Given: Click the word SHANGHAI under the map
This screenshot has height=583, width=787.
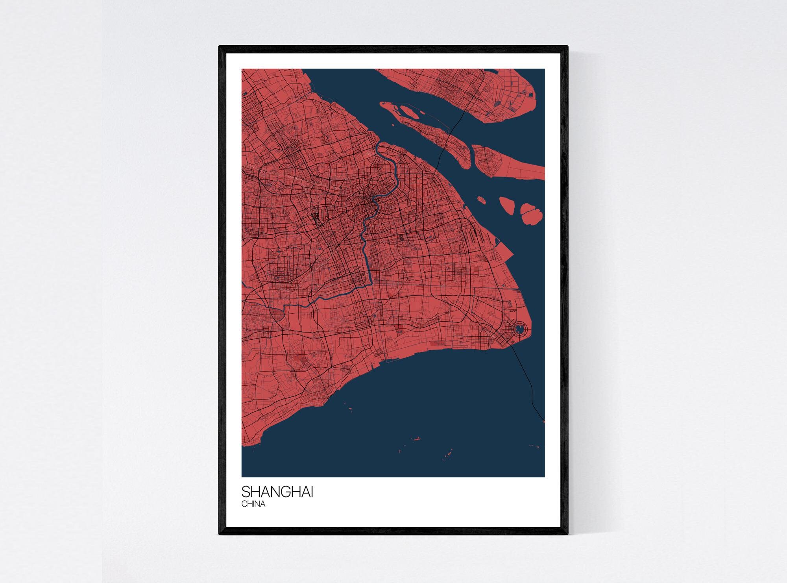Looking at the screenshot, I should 277,492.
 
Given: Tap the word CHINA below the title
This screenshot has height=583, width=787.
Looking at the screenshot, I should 253,504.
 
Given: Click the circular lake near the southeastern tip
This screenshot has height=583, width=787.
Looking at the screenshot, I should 519,328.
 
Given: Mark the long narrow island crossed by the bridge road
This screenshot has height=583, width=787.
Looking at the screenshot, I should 433,134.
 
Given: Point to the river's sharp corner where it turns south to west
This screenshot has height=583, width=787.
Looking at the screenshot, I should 370,283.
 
